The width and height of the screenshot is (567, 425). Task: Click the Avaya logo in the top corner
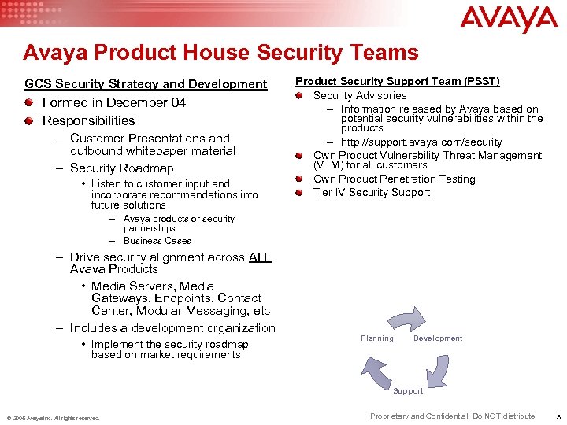point(509,19)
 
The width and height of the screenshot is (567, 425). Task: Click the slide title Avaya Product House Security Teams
point(220,53)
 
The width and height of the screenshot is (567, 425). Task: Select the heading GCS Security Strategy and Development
point(146,83)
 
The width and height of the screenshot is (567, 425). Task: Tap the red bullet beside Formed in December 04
point(29,102)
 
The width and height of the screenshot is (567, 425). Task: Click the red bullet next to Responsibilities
point(29,120)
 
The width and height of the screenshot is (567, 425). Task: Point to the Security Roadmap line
point(121,168)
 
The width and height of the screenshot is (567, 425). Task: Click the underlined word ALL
point(259,257)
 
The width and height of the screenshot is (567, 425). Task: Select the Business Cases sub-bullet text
point(157,241)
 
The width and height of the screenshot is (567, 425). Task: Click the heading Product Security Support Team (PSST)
point(398,81)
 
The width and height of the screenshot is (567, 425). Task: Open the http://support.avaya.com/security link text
point(421,142)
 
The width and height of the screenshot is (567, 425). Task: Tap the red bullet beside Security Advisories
point(300,96)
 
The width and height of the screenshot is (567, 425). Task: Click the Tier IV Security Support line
point(372,192)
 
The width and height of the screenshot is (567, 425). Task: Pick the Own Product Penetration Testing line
point(394,179)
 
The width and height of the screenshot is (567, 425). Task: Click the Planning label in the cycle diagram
point(377,338)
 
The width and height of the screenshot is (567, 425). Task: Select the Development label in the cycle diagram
point(437,338)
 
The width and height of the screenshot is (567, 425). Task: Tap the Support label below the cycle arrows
point(408,391)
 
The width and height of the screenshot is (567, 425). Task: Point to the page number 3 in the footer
point(558,416)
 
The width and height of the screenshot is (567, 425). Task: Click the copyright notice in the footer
point(54,418)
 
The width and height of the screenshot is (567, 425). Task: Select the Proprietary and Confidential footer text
point(452,416)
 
